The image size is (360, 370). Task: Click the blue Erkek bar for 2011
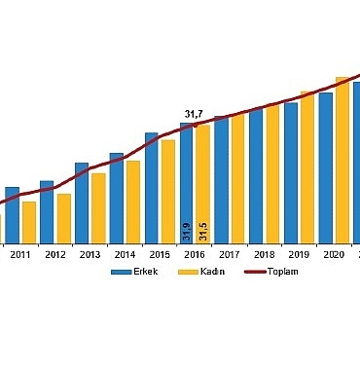(x=12, y=214)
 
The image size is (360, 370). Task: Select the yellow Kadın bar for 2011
(x=29, y=221)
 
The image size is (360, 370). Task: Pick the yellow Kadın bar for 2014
(x=133, y=201)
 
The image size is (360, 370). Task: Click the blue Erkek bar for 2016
(x=186, y=175)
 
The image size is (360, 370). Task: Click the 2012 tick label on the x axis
(x=54, y=254)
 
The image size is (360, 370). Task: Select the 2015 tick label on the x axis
(x=159, y=254)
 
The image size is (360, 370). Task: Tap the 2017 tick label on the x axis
(x=230, y=254)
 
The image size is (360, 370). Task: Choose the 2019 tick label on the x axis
(x=299, y=254)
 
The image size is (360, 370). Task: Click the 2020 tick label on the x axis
(x=334, y=254)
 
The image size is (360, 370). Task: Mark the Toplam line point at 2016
(x=195, y=126)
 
